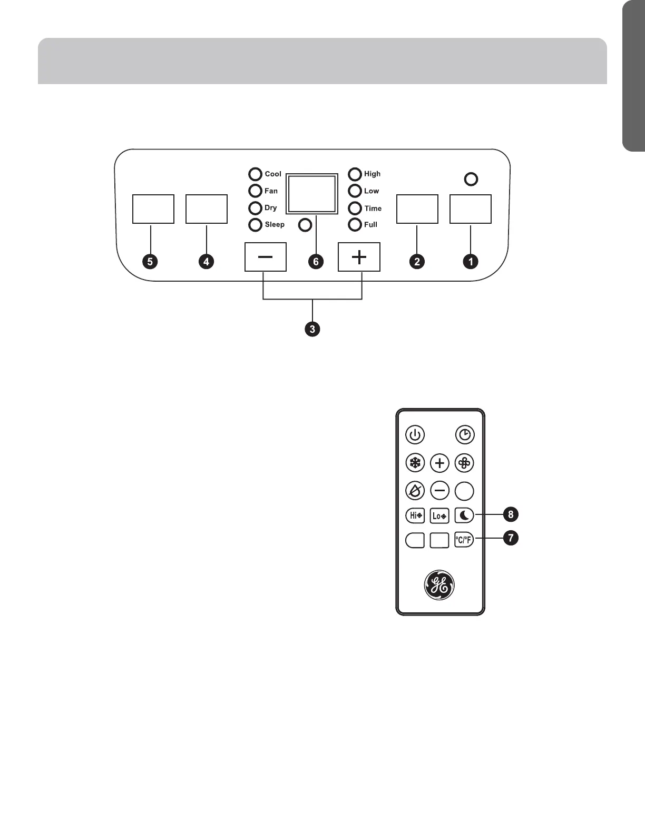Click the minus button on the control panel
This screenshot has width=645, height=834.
pos(266,257)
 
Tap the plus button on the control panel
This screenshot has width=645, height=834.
pos(359,257)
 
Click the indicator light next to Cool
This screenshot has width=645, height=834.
pos(256,174)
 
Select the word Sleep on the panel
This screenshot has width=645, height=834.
pos(275,225)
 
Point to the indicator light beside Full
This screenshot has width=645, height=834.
pos(355,225)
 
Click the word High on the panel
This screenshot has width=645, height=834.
pos(372,174)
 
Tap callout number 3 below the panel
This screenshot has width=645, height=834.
pos(312,330)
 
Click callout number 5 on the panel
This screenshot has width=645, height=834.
pos(151,261)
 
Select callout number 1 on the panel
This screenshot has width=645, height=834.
pos(470,261)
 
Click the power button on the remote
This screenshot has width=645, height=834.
pos(415,435)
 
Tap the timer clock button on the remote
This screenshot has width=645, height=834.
pos(465,435)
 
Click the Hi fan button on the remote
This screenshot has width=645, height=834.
pos(415,515)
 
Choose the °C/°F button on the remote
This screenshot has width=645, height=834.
pos(464,540)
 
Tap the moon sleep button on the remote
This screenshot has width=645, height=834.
pos(464,515)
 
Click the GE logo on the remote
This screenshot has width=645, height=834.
pos(439,585)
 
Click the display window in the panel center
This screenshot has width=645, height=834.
pos(312,194)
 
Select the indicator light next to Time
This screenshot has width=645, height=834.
pos(355,208)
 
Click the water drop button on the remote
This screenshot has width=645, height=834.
pos(415,491)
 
